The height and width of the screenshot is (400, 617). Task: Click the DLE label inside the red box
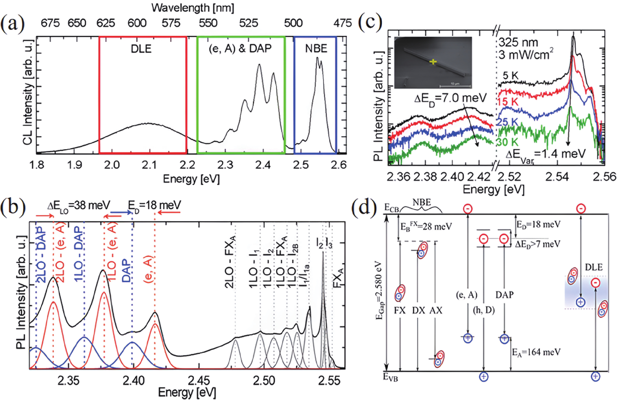tap(141, 49)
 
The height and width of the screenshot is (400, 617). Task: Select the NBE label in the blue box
tap(316, 49)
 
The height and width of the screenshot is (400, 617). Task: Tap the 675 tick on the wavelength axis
tap(50, 23)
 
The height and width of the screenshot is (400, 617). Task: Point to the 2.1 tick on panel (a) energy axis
tap(150, 165)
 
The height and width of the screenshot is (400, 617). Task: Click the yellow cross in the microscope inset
tap(433, 62)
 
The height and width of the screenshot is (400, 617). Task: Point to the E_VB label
tap(391, 377)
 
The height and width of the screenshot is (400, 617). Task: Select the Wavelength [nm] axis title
tap(193, 8)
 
